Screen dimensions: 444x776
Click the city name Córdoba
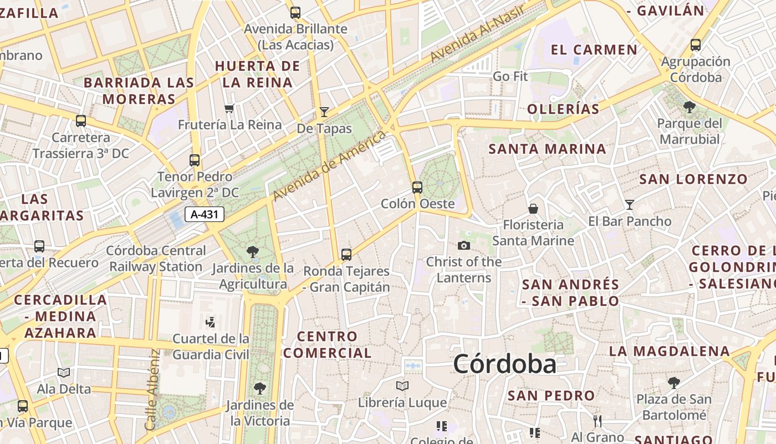click(x=504, y=365)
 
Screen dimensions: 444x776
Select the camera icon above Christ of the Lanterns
click(x=464, y=245)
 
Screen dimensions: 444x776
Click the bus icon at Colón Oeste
click(x=417, y=188)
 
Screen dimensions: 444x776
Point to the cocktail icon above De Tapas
click(x=324, y=112)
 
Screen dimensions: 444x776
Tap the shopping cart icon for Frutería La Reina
click(x=229, y=108)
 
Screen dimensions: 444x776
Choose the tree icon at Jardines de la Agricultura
click(x=253, y=252)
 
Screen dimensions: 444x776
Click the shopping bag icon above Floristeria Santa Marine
click(x=533, y=209)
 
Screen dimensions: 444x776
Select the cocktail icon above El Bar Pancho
click(x=629, y=205)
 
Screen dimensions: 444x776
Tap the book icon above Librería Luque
click(x=402, y=386)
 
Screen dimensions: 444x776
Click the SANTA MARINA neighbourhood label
click(x=547, y=149)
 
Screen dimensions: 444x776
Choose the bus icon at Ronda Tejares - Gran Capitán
click(x=346, y=255)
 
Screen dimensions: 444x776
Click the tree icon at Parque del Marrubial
click(x=690, y=107)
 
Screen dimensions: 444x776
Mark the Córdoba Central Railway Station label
click(x=156, y=259)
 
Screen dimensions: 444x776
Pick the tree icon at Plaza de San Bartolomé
click(x=674, y=382)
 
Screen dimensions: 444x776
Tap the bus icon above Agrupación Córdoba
click(x=696, y=45)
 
